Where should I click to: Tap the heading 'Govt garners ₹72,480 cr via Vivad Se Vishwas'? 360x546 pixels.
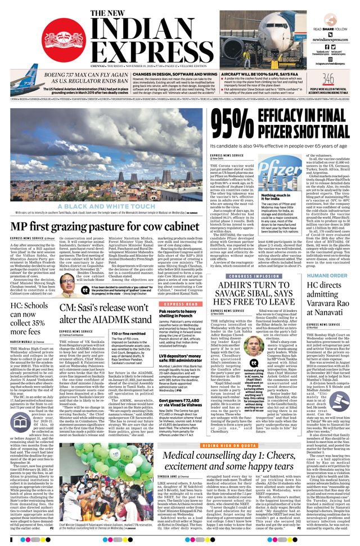[x=181, y=386]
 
